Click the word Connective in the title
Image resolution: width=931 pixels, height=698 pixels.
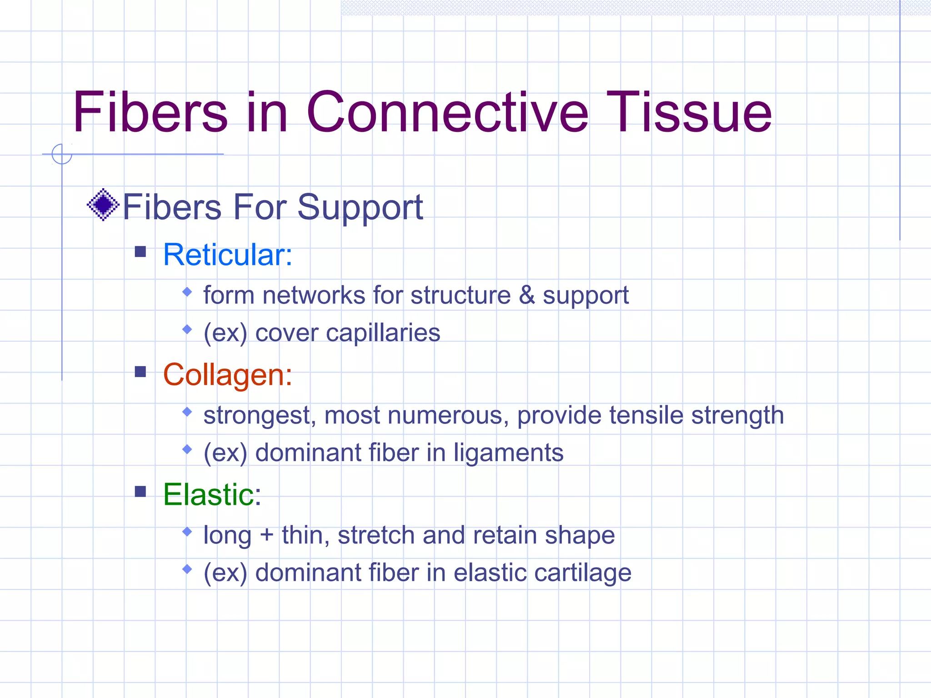[x=448, y=112]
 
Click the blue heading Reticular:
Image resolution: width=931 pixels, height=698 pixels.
[x=227, y=255]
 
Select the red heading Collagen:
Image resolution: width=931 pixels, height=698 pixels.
[x=227, y=375]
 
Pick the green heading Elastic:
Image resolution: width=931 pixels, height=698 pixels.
[x=212, y=495]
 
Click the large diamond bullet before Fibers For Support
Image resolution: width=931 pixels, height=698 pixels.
[x=103, y=205]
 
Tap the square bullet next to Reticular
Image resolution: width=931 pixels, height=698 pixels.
[x=140, y=252]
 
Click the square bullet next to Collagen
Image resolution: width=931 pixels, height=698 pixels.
[x=140, y=372]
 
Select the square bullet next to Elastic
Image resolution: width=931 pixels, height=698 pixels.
[x=140, y=492]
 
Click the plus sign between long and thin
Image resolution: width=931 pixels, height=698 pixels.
[x=266, y=535]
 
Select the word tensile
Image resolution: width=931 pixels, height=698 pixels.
[x=646, y=415]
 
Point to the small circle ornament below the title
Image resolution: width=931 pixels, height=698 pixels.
[x=62, y=154]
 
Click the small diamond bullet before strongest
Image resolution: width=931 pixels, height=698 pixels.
[x=187, y=412]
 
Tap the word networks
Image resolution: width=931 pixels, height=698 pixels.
[x=314, y=295]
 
